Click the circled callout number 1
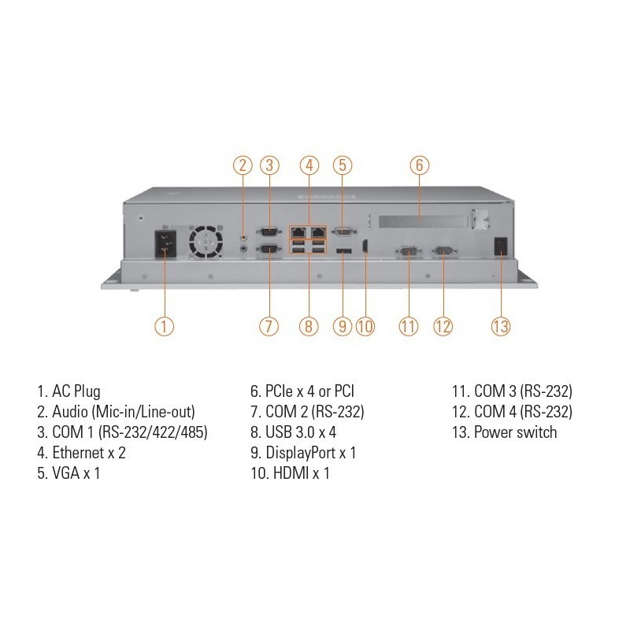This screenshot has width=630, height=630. coord(163,326)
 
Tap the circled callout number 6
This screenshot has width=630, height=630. coord(420,165)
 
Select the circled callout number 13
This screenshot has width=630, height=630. coord(502,326)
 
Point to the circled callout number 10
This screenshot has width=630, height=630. coord(364,326)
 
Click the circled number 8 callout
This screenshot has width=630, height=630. coord(309,326)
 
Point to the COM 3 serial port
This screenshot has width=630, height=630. coord(408,250)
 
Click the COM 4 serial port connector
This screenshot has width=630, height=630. coord(443,250)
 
